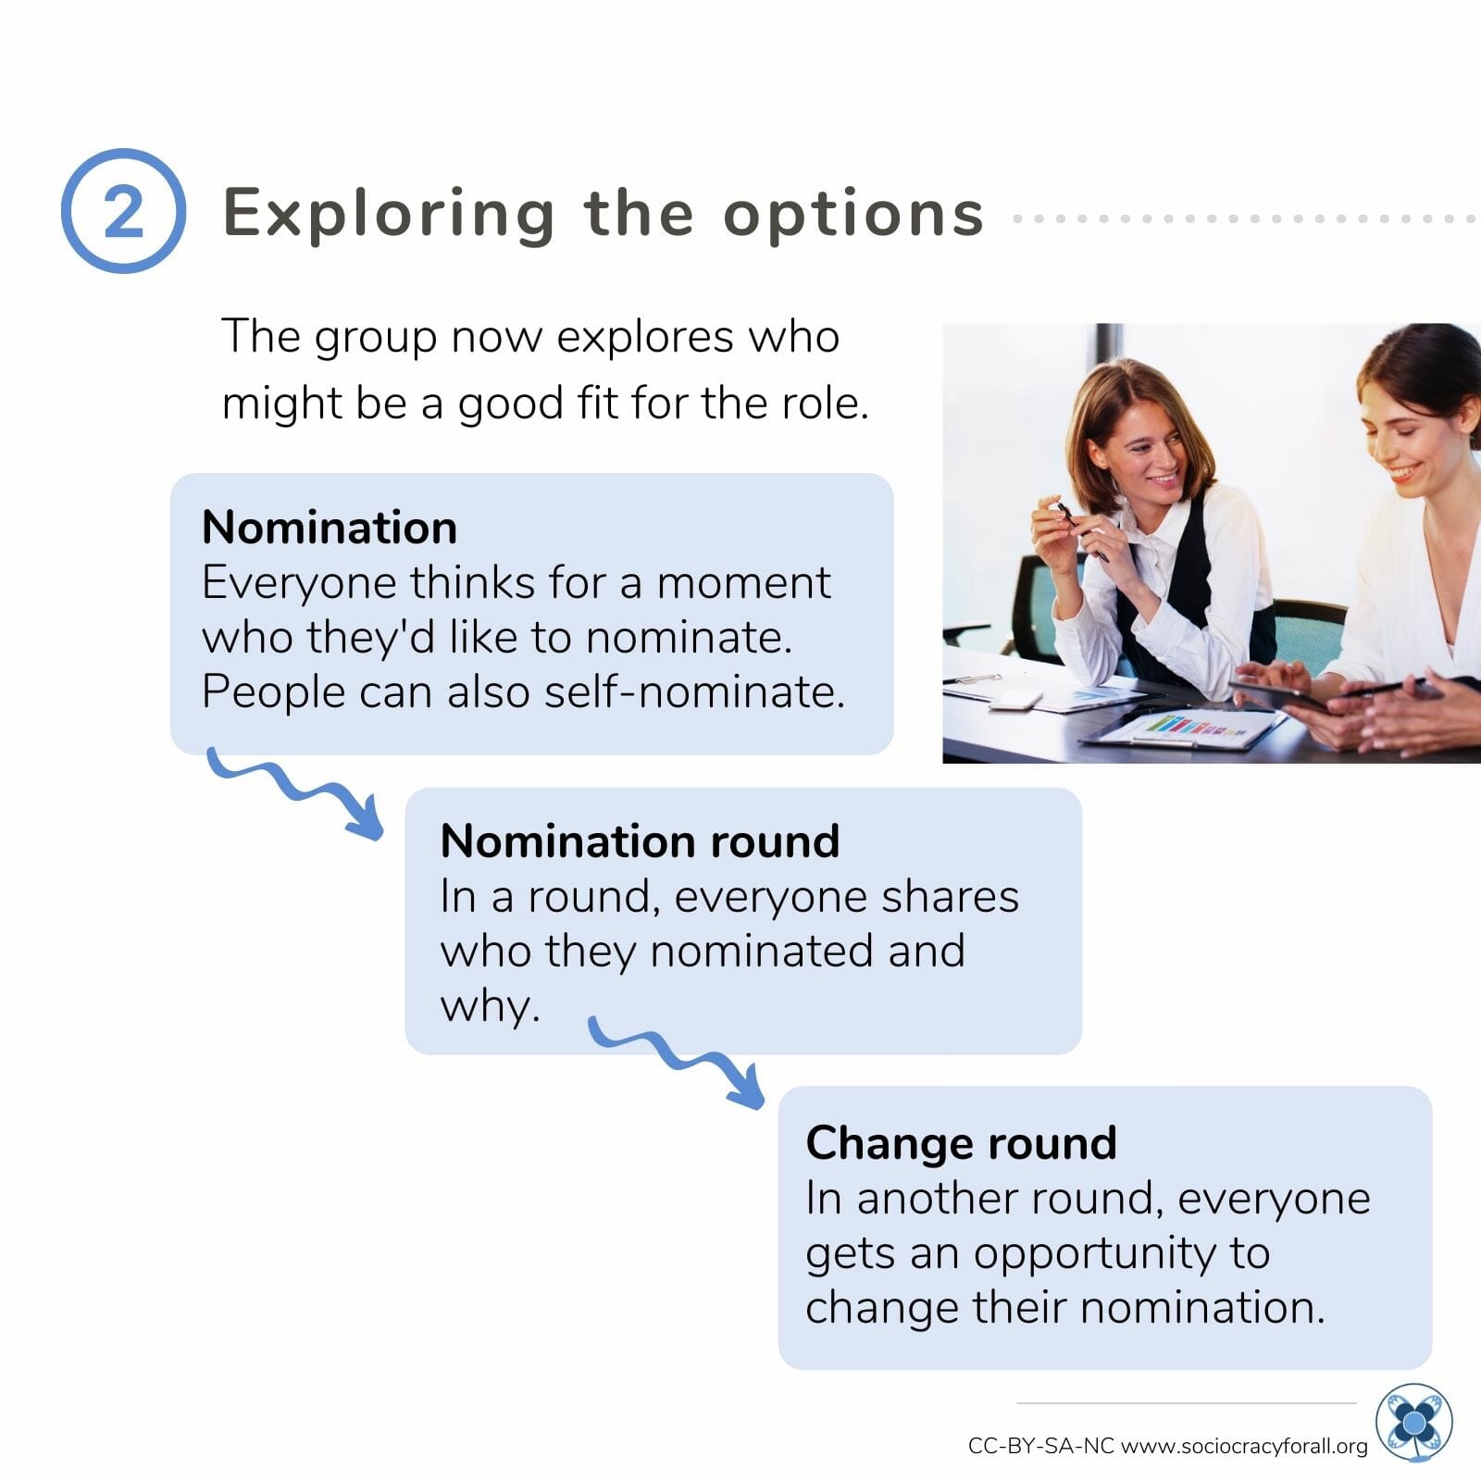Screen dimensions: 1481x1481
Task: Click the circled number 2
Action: click(x=123, y=211)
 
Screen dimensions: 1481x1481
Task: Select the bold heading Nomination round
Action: click(x=640, y=840)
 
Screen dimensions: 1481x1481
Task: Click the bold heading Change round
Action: click(x=961, y=1142)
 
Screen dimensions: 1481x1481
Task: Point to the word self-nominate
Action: click(x=694, y=691)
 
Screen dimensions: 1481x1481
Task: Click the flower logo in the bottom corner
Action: click(x=1413, y=1423)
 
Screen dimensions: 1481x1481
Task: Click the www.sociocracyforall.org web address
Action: click(x=1244, y=1446)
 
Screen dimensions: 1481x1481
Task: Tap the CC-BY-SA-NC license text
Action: click(x=1041, y=1446)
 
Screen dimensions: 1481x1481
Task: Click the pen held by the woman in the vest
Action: click(x=1083, y=532)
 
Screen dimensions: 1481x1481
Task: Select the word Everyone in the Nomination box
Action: click(x=300, y=584)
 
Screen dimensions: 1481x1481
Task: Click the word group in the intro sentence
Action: click(x=376, y=337)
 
